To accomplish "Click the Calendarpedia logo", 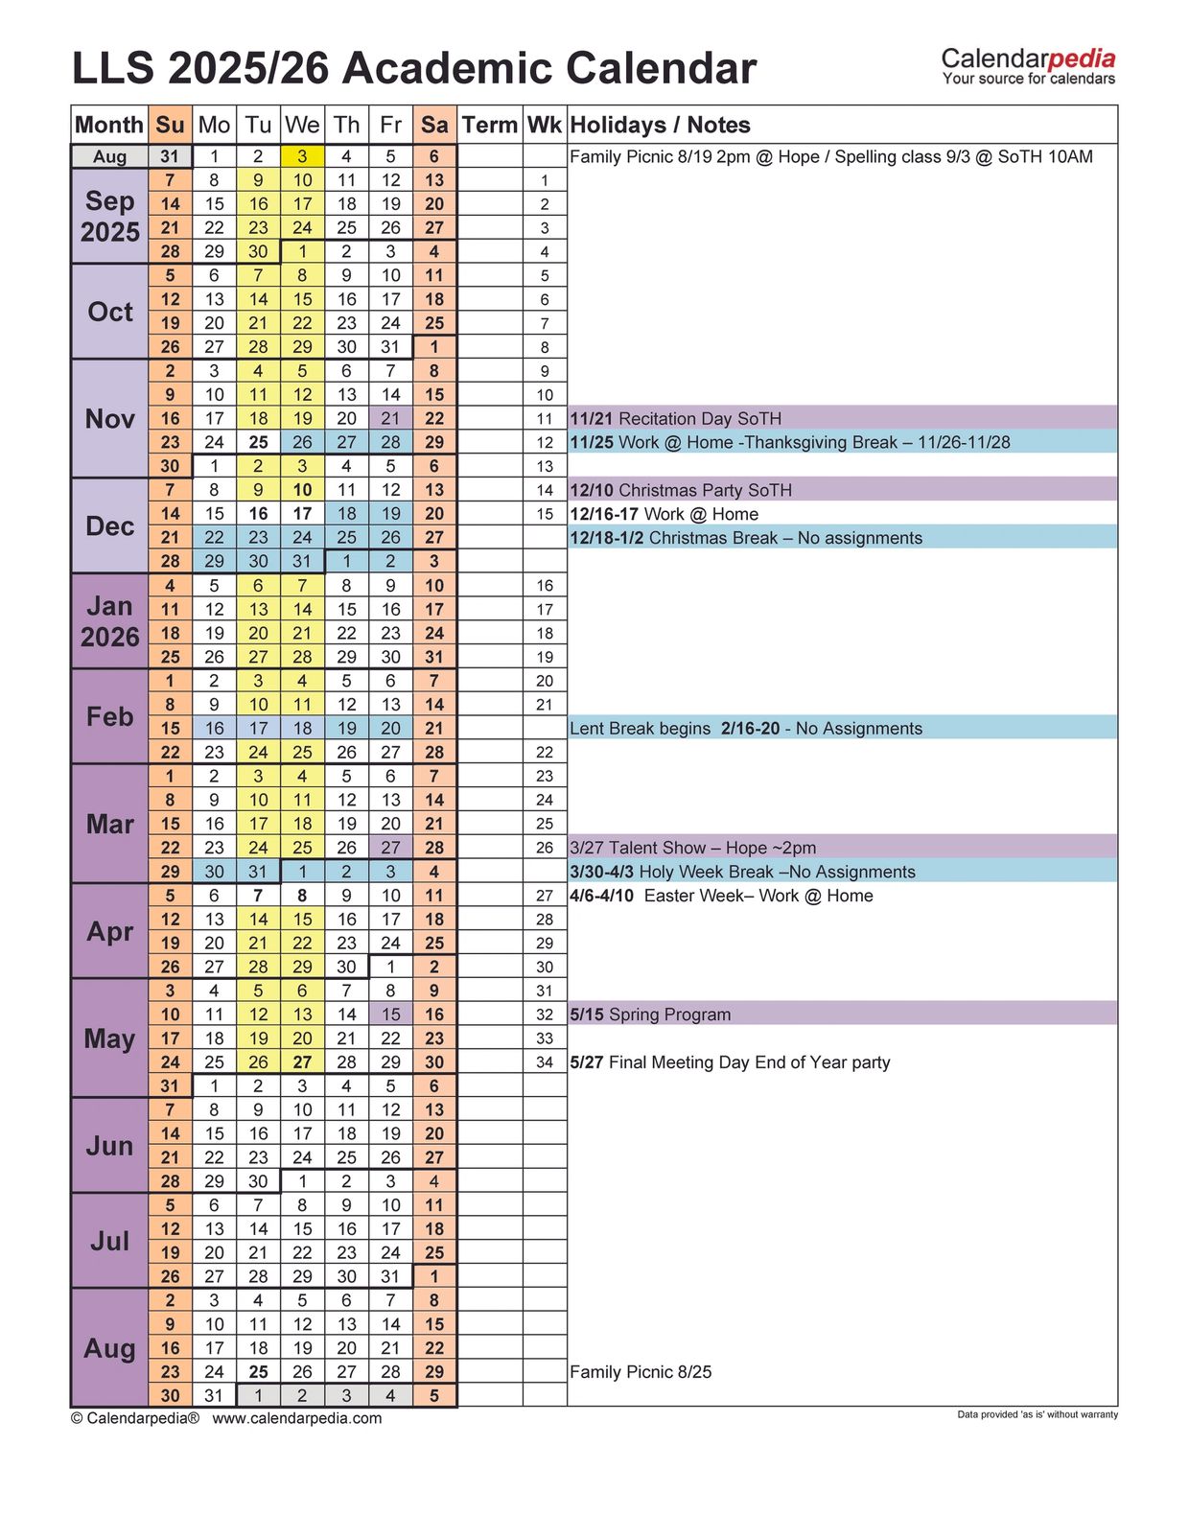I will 1028,66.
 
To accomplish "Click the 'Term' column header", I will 489,125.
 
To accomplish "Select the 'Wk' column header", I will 544,125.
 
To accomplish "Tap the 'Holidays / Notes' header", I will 660,125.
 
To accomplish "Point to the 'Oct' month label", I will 110,312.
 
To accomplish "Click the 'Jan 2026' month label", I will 110,621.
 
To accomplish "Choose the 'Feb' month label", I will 110,716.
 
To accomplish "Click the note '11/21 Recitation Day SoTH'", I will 676,418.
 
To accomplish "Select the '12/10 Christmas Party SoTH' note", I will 681,490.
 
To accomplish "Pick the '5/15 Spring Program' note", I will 650,1014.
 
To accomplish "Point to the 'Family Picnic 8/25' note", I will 641,1372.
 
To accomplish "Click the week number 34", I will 545,1062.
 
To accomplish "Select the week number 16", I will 545,586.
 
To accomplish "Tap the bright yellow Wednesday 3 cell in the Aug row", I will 302,156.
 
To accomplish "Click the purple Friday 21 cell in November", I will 390,418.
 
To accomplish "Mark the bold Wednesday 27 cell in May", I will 302,1062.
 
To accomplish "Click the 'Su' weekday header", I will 170,125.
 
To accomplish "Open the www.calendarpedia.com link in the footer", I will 296,1418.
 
